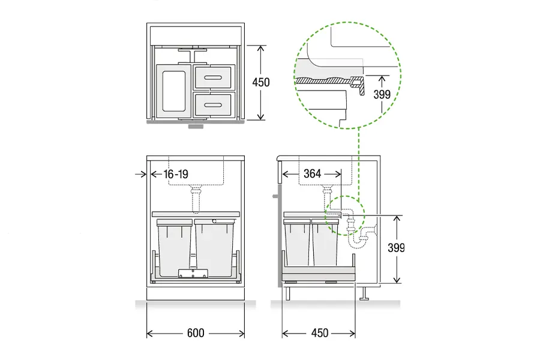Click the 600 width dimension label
(196, 333)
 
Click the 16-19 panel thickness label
(176, 175)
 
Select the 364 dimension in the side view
(313, 173)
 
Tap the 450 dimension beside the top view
(261, 82)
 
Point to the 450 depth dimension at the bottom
(320, 333)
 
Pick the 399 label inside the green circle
(382, 94)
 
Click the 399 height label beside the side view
(396, 248)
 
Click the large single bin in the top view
(173, 91)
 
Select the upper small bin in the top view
(214, 77)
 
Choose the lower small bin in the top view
(214, 105)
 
